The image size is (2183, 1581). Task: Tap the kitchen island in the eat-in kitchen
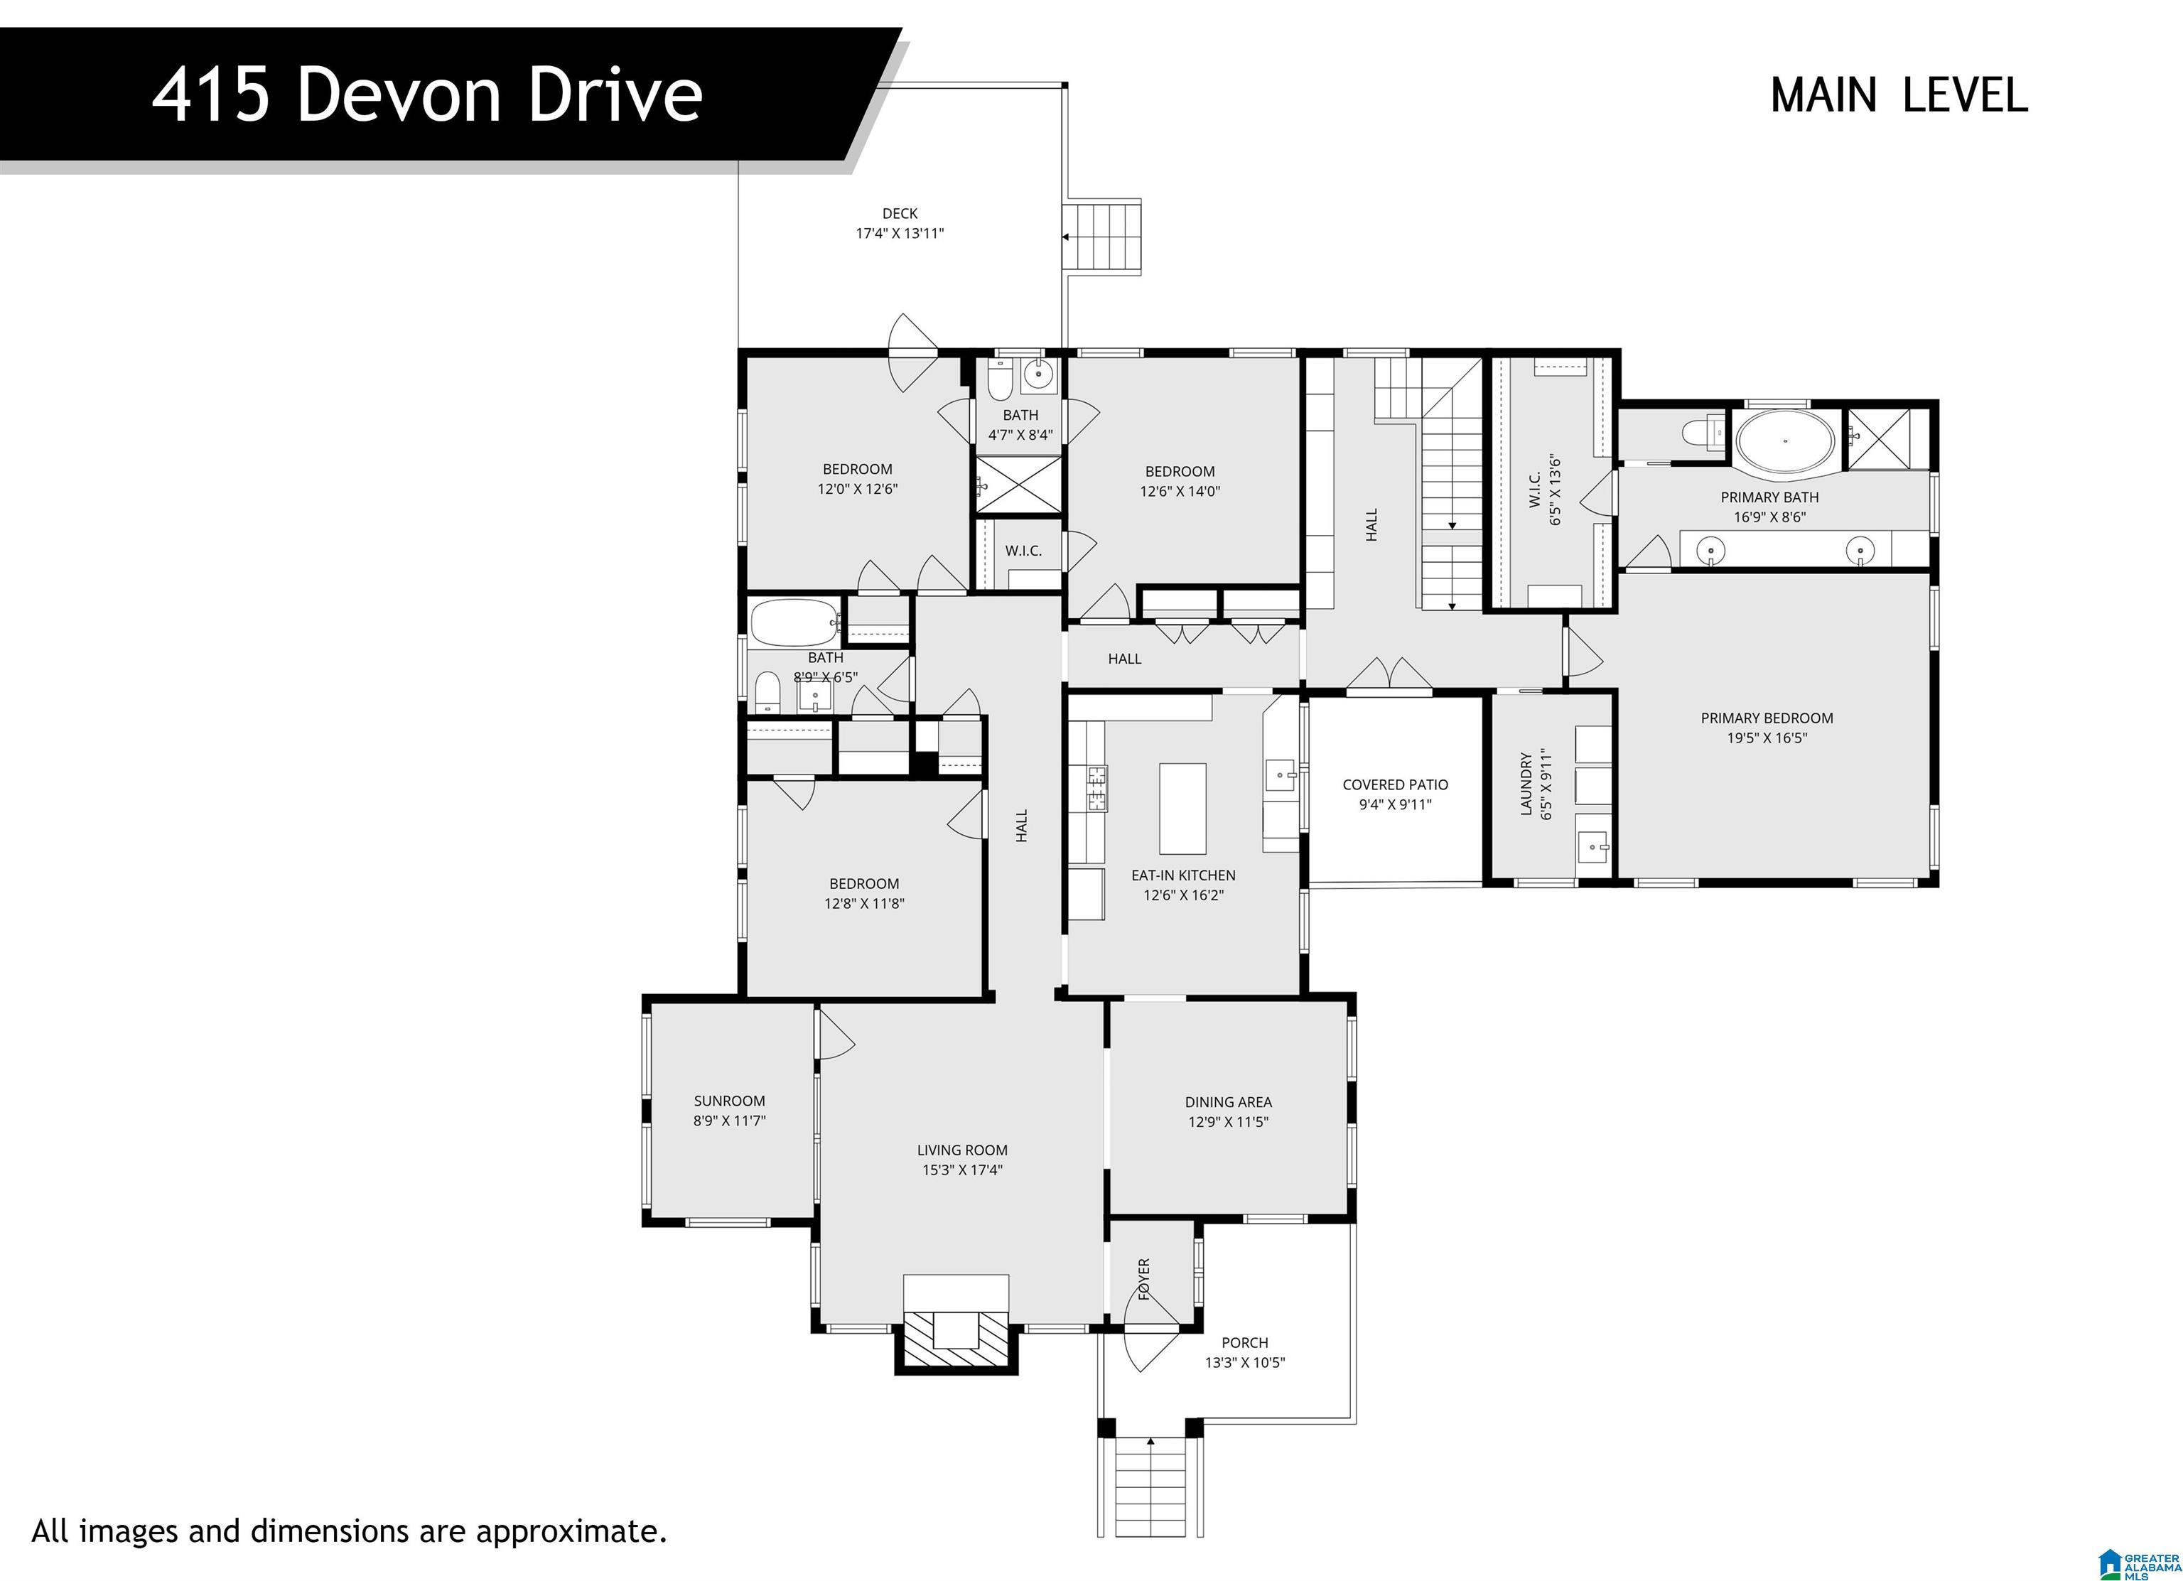point(1182,809)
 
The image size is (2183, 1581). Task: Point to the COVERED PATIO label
point(1395,784)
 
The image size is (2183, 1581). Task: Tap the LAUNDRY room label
point(1526,784)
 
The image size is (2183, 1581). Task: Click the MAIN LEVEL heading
point(1898,95)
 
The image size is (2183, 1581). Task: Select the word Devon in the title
point(399,95)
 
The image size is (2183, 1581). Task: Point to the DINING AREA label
point(1227,1102)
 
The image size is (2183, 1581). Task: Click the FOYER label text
point(1143,1279)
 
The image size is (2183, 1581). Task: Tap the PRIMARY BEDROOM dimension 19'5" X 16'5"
point(1767,738)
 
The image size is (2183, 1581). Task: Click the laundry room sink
point(1594,848)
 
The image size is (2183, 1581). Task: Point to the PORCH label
point(1244,1342)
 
